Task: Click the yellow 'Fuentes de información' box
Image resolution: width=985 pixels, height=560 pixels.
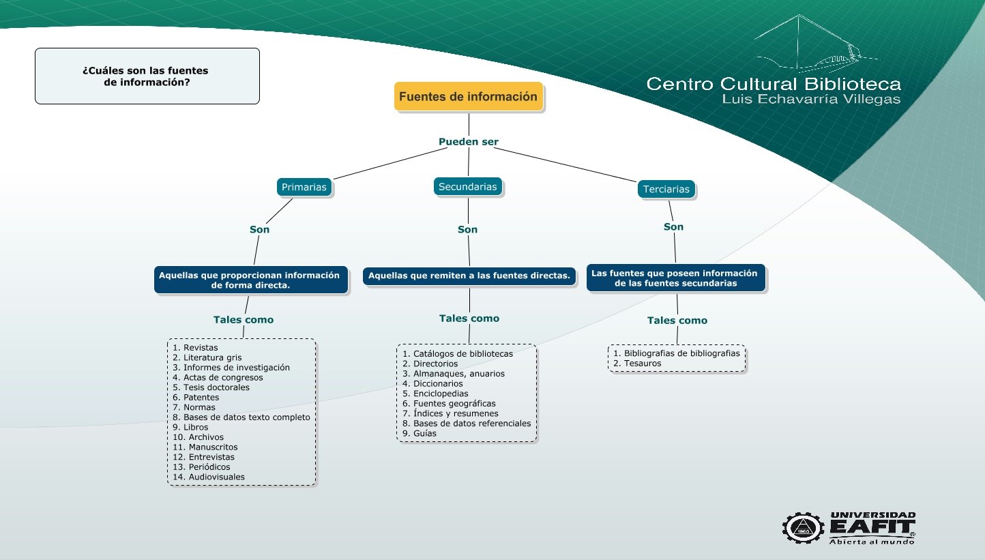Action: coord(469,96)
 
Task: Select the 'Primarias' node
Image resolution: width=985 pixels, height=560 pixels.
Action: coord(304,188)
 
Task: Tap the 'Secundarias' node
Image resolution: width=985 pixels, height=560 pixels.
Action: coord(467,187)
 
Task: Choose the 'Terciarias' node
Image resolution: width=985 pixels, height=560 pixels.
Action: coord(666,189)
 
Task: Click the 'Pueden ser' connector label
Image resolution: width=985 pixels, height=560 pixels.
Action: coord(469,142)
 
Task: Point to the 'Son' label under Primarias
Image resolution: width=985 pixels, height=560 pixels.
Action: coord(259,229)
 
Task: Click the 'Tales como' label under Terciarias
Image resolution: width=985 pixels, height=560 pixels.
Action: coord(677,321)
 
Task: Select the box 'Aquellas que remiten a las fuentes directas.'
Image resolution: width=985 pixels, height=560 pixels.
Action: coord(469,276)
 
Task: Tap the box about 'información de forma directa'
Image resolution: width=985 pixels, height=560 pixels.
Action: coord(250,280)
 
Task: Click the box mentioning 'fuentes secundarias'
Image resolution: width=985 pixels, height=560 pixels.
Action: coord(676,278)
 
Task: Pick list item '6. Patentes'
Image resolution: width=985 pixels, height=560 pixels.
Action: coord(196,398)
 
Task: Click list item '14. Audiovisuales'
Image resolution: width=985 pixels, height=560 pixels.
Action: coord(209,477)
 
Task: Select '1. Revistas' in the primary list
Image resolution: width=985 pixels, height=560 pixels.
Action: coord(195,348)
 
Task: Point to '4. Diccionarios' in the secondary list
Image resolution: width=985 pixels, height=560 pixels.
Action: coord(432,384)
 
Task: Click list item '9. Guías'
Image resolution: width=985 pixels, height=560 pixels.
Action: coord(420,433)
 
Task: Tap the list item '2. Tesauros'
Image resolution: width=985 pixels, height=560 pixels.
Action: coord(637,364)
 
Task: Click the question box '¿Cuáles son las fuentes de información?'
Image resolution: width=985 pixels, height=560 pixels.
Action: coord(147,76)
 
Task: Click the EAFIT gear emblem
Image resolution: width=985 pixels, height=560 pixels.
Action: coord(803,528)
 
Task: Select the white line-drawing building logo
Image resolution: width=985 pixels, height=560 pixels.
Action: coord(816,44)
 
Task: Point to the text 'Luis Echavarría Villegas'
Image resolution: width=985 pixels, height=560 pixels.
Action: coord(811,99)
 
